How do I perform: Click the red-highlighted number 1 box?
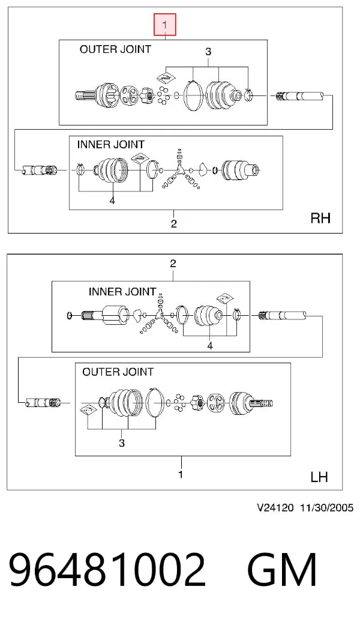point(165,25)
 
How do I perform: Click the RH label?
point(320,218)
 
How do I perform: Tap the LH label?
point(319,477)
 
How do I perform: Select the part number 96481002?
point(107,570)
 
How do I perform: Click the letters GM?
point(282,570)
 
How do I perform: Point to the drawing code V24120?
point(275,507)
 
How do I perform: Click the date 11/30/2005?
point(326,507)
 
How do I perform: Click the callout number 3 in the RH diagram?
point(208,52)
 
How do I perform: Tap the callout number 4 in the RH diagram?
point(112,201)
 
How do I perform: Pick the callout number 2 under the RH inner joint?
point(173,224)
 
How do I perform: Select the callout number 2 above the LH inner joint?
point(173,264)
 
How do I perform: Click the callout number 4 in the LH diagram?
point(210,346)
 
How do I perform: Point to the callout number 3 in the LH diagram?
point(122,442)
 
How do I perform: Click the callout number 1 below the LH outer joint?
point(181,474)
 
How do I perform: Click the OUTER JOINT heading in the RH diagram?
point(115,50)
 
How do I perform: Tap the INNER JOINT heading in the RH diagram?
point(110,144)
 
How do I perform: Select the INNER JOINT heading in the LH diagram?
point(122,292)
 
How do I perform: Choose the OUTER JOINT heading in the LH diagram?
point(118,372)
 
